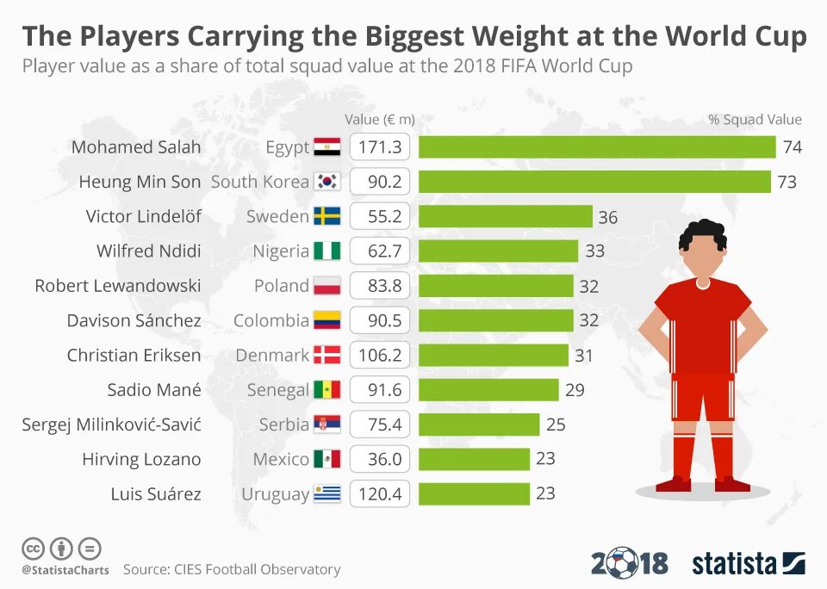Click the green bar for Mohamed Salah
coord(597,147)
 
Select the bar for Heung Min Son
coord(594,182)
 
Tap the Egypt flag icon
coord(327,147)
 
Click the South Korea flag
coord(327,182)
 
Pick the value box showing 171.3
coord(380,147)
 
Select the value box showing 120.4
coord(380,493)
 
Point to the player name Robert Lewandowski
coord(118,286)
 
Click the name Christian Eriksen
coord(134,355)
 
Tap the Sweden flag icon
coord(327,216)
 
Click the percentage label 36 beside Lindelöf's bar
coord(608,217)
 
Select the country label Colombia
coord(270,320)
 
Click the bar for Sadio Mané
coord(488,390)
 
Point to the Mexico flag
coord(327,459)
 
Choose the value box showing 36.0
coord(380,459)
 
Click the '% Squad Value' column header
coord(755,120)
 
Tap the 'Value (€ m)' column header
coord(380,120)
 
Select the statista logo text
coord(734,564)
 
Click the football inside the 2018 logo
coord(624,564)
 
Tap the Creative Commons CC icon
coord(33,548)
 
